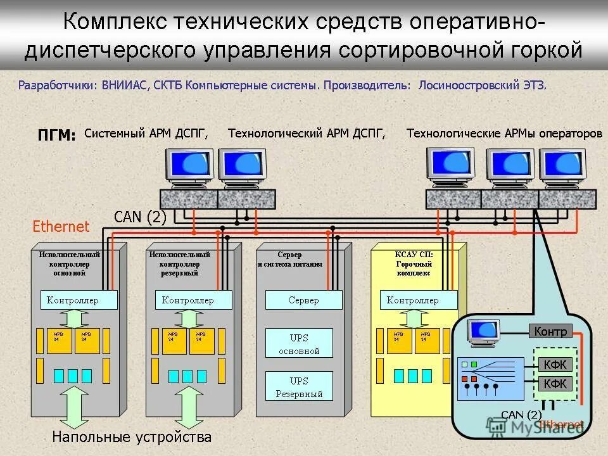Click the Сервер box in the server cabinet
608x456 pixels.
(x=303, y=300)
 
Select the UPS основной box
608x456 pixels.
(x=299, y=344)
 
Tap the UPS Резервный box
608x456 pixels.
(x=299, y=387)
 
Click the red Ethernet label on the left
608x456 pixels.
(x=61, y=226)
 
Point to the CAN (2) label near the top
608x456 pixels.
(x=140, y=217)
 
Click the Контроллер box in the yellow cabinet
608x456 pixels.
(x=418, y=300)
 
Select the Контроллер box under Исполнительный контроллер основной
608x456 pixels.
(x=79, y=300)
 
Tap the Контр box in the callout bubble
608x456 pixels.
(x=550, y=331)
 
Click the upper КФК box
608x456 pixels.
(x=555, y=364)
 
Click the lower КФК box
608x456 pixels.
(x=555, y=384)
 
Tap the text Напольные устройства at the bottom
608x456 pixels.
(x=132, y=437)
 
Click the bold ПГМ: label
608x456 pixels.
(x=56, y=135)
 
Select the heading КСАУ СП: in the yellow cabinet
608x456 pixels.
(x=414, y=255)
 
